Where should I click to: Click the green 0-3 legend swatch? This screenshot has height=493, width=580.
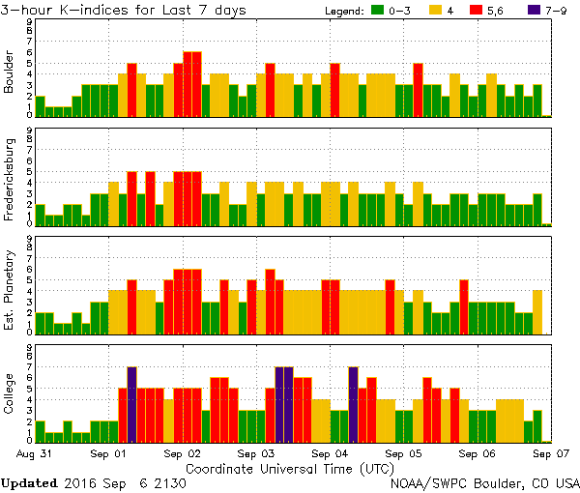[x=378, y=11]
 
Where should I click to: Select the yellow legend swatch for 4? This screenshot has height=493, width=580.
[x=436, y=11]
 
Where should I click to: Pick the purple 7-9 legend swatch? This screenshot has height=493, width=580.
[x=535, y=11]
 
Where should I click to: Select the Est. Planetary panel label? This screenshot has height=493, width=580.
[x=10, y=286]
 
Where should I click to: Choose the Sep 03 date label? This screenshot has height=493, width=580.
[x=257, y=452]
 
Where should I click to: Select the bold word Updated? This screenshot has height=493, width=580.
[x=35, y=481]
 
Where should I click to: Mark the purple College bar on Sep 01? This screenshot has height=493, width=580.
[x=131, y=403]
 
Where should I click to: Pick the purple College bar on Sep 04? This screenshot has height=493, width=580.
[x=353, y=403]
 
